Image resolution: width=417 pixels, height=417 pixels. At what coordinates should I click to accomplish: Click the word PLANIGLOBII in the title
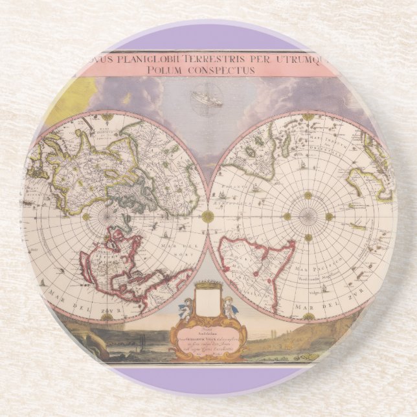pyautogui.click(x=133, y=58)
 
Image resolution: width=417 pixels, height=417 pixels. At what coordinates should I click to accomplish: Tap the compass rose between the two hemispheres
pyautogui.click(x=208, y=216)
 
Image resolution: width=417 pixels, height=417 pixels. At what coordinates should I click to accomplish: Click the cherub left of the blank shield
pyautogui.click(x=186, y=308)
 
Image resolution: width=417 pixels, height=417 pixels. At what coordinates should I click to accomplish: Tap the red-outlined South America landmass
pyautogui.click(x=256, y=259)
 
